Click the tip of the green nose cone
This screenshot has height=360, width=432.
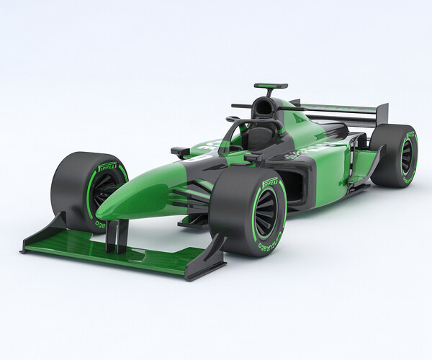[x=104, y=212]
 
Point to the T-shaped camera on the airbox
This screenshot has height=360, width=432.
[x=271, y=86]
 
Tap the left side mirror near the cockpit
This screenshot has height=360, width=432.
[x=180, y=151]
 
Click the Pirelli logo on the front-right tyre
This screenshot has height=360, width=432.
[x=271, y=181]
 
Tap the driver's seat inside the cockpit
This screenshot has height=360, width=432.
[x=256, y=137]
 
